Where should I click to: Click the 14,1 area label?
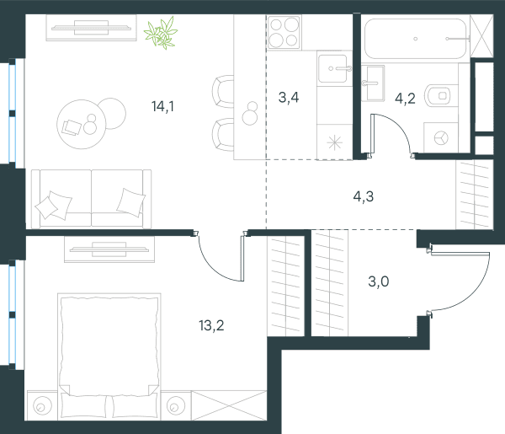coord(162,106)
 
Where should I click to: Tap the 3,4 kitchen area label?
coord(289,97)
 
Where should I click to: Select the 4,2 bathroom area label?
coord(405,99)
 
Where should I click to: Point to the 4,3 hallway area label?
coord(364,196)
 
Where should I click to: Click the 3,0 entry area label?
coord(379,281)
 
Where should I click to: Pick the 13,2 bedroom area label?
coord(211,325)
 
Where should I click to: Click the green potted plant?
coord(161,33)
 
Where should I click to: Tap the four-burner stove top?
coord(284,33)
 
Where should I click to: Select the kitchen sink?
coord(334,68)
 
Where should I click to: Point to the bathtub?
coord(416,39)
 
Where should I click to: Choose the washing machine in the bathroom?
coord(440,137)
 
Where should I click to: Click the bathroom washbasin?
coord(373,83)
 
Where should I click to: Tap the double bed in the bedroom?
coord(109,356)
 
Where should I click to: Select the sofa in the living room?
coord(91,199)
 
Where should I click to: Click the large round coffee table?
coord(81,124)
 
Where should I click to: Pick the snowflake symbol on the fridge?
coord(335,142)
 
